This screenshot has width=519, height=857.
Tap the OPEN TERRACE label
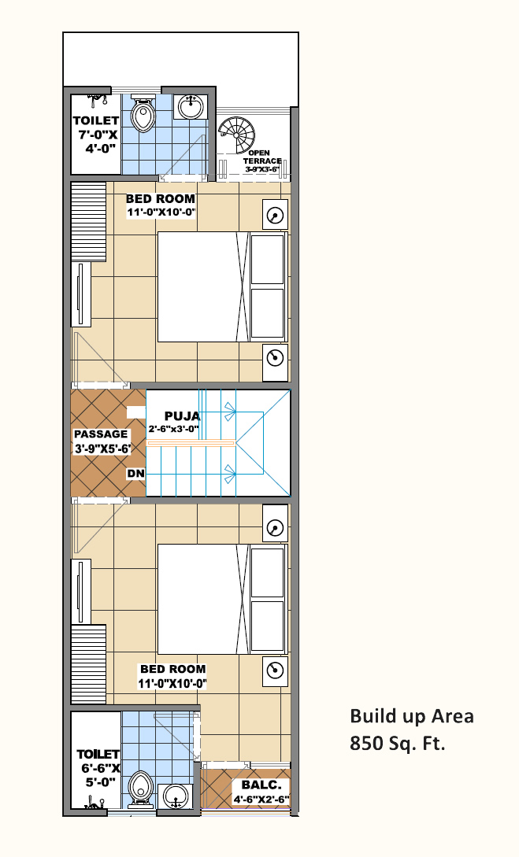pyautogui.click(x=262, y=157)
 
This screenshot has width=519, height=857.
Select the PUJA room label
pyautogui.click(x=182, y=416)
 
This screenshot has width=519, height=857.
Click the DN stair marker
pyautogui.click(x=136, y=473)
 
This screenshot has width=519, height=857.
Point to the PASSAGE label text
pyautogui.click(x=101, y=434)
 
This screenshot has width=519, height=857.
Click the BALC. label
pyautogui.click(x=261, y=785)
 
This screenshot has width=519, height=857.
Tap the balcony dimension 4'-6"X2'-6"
pyautogui.click(x=261, y=800)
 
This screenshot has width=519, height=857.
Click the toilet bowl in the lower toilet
pyautogui.click(x=140, y=788)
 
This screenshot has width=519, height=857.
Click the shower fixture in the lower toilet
pyautogui.click(x=95, y=803)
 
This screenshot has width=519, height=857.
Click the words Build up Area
pyautogui.click(x=412, y=717)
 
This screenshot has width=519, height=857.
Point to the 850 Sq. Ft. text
pyautogui.click(x=398, y=744)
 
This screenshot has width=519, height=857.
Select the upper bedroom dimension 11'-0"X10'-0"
pyautogui.click(x=161, y=212)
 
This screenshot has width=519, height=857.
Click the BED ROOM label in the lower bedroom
pyautogui.click(x=172, y=669)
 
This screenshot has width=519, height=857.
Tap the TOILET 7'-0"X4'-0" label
pyautogui.click(x=96, y=134)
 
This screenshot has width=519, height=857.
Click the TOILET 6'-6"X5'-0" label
pyautogui.click(x=98, y=768)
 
